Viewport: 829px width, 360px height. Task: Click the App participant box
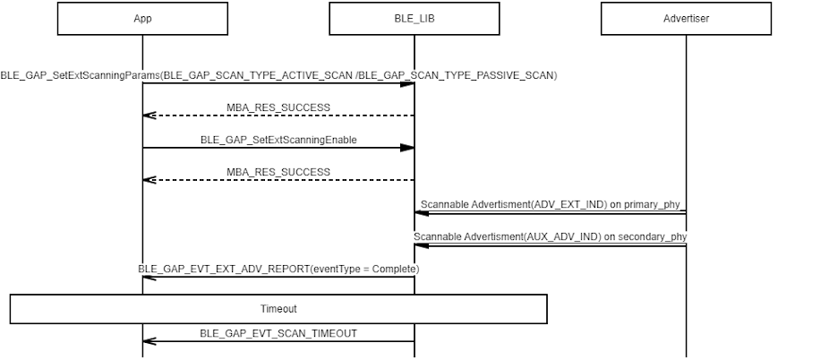pyautogui.click(x=142, y=19)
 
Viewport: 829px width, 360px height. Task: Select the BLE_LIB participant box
pyautogui.click(x=414, y=19)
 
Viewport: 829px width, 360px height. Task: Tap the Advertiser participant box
pyautogui.click(x=687, y=19)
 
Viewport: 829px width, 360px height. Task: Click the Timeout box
pyautogui.click(x=278, y=309)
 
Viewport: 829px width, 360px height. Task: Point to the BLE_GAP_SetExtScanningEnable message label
pyautogui.click(x=278, y=140)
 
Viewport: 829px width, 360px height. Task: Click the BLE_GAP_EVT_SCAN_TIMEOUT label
pyautogui.click(x=278, y=333)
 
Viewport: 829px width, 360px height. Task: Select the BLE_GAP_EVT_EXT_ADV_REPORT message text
pyautogui.click(x=278, y=269)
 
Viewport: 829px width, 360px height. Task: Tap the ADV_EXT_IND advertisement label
pyautogui.click(x=550, y=204)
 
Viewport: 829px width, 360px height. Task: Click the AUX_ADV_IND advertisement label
pyautogui.click(x=550, y=236)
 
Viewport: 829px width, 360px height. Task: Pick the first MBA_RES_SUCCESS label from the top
pyautogui.click(x=278, y=107)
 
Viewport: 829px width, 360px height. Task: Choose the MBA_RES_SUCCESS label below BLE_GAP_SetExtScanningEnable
pyautogui.click(x=278, y=172)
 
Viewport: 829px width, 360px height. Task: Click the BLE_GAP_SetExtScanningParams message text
pyautogui.click(x=278, y=75)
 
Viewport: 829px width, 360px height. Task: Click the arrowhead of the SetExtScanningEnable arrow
pyautogui.click(x=407, y=148)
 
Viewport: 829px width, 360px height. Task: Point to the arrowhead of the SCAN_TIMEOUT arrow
pyautogui.click(x=150, y=341)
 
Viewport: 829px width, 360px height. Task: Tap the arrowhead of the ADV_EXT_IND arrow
pyautogui.click(x=422, y=213)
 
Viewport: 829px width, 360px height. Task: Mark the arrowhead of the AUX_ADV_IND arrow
pyautogui.click(x=422, y=245)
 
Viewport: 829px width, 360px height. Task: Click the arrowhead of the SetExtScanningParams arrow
pyautogui.click(x=407, y=84)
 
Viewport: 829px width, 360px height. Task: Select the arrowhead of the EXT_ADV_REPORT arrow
pyautogui.click(x=150, y=277)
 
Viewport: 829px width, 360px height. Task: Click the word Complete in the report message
pyautogui.click(x=394, y=269)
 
